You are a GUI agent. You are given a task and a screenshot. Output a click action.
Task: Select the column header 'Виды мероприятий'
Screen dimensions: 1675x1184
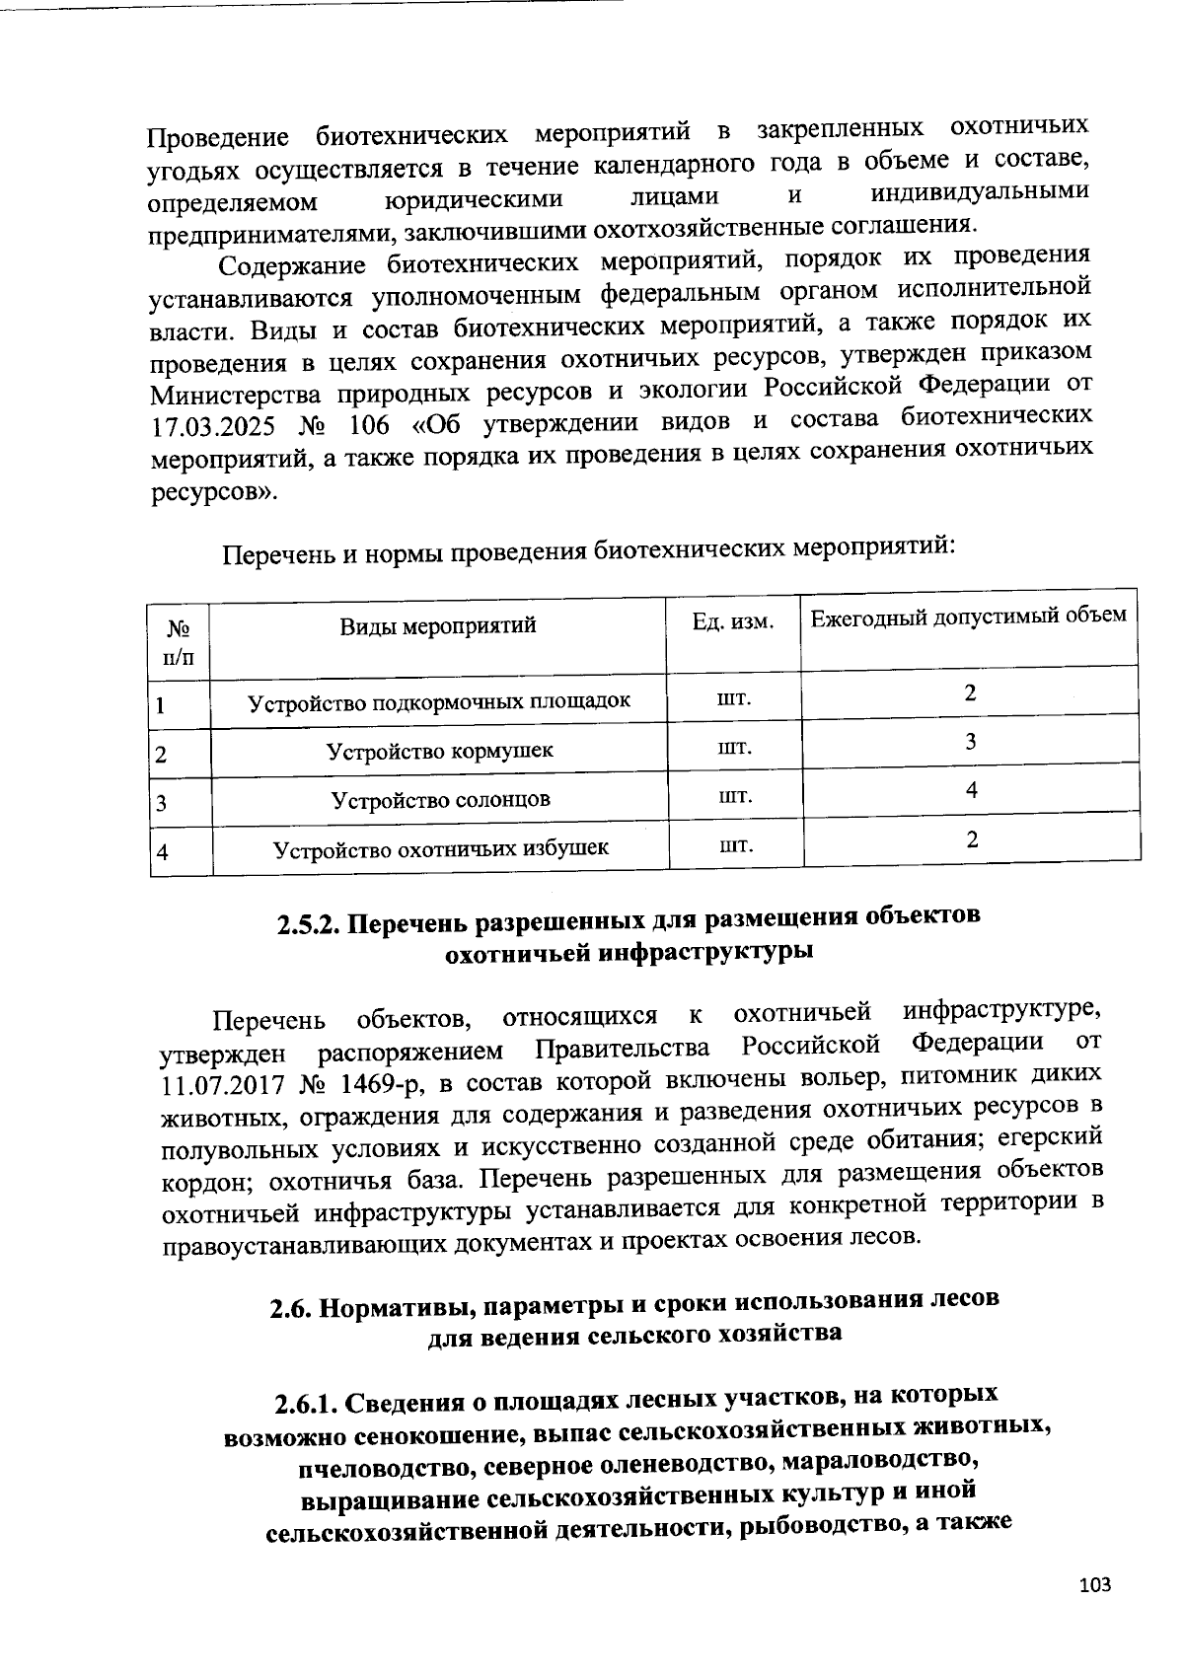tap(437, 625)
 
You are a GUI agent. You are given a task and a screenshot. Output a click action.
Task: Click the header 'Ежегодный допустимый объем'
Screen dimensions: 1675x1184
tap(968, 617)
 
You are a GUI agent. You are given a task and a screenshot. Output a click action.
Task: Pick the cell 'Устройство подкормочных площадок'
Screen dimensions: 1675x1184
tap(438, 702)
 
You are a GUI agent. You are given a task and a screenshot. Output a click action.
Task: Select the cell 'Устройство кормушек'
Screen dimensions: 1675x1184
tap(439, 751)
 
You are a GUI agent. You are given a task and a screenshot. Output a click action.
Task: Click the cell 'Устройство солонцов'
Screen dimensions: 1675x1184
tap(440, 799)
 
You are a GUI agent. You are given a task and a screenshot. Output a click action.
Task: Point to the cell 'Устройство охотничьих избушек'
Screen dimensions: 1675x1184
tap(440, 847)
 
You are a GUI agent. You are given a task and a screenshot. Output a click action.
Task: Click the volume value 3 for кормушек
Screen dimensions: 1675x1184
tap(971, 741)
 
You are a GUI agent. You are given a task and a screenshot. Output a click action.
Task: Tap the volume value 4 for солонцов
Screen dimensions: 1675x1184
tap(972, 790)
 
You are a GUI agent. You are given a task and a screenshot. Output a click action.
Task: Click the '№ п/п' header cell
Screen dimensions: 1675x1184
tap(179, 642)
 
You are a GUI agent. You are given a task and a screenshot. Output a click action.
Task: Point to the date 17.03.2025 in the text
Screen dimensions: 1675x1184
tap(210, 430)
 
